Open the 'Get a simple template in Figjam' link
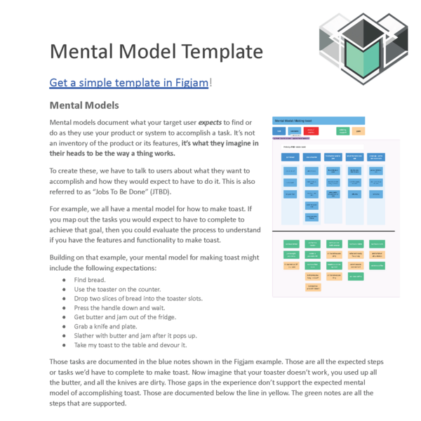[x=128, y=83]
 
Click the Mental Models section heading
[x=84, y=106]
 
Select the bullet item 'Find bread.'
[x=91, y=280]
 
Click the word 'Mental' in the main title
[x=89, y=52]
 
